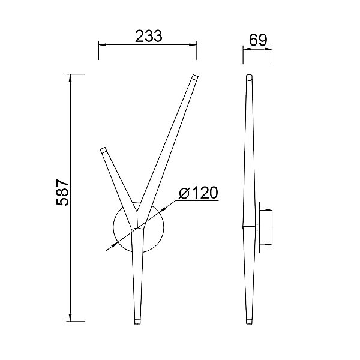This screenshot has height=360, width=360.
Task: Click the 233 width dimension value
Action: (x=149, y=36)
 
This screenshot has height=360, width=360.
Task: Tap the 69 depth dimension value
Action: (x=258, y=40)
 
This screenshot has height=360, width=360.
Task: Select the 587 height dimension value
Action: (x=62, y=192)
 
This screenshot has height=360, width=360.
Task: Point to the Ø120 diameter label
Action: (x=199, y=193)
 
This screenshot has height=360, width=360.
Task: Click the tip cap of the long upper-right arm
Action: (x=195, y=77)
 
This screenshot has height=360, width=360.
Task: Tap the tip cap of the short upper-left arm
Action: (x=103, y=150)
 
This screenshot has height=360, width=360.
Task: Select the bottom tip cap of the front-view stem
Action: (x=137, y=322)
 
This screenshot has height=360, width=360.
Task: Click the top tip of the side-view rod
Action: (x=249, y=77)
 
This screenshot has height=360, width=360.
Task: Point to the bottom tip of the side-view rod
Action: (x=249, y=322)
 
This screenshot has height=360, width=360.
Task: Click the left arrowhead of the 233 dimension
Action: (x=103, y=44)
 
